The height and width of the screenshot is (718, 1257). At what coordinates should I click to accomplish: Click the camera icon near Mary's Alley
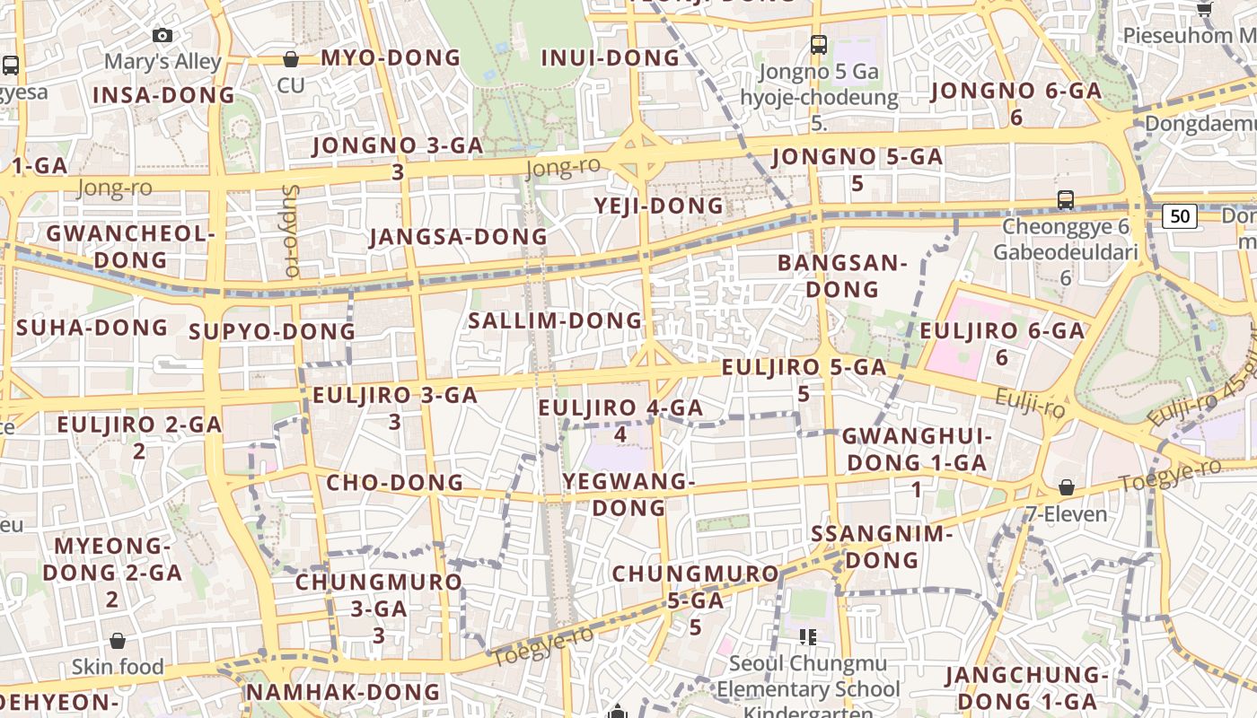[x=162, y=36]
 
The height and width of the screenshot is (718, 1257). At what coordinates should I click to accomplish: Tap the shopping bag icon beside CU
[x=291, y=60]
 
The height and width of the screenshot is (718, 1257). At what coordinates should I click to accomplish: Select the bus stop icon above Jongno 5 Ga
[x=818, y=44]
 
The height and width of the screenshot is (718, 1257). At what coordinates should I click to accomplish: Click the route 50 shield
[x=1180, y=215]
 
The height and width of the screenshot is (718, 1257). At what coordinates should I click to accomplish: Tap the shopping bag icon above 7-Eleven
[x=1067, y=487]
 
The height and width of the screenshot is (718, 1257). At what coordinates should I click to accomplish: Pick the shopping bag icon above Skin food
[x=118, y=641]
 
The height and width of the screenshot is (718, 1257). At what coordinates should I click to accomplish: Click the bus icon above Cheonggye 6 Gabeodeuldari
[x=1066, y=199]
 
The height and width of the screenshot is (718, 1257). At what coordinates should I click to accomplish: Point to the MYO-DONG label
[x=390, y=58]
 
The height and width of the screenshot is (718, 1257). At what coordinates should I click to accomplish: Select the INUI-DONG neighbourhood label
[x=611, y=58]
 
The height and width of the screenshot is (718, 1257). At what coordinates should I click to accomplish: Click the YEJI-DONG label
[x=659, y=206]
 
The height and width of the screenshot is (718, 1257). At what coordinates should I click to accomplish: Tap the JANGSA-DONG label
[x=458, y=237]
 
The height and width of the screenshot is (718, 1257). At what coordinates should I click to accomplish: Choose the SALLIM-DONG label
[x=556, y=320]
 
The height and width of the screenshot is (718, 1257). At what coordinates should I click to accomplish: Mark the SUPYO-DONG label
[x=272, y=332]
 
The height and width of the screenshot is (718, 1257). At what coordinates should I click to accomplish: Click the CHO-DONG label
[x=394, y=482]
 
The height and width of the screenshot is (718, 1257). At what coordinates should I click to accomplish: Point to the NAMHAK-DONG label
[x=343, y=692]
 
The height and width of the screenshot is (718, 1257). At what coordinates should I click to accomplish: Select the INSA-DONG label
[x=163, y=95]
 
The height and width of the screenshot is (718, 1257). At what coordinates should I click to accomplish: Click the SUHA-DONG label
[x=92, y=327]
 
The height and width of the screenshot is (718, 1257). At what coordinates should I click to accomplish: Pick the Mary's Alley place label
[x=163, y=61]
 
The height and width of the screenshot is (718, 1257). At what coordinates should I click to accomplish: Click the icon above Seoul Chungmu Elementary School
[x=807, y=637]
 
